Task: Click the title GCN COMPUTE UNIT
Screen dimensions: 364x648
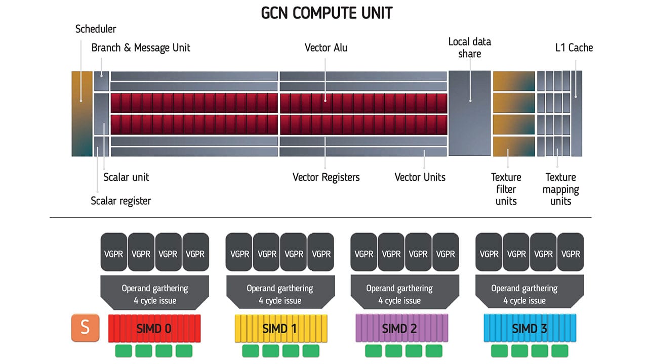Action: click(x=327, y=13)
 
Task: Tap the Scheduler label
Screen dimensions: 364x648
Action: click(x=96, y=29)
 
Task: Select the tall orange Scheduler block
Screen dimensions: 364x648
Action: click(x=82, y=113)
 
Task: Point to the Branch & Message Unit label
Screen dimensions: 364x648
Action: click(x=141, y=48)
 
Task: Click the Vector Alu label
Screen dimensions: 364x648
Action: click(x=326, y=48)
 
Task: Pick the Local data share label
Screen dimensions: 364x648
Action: click(x=469, y=47)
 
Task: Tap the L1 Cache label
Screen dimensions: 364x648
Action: click(x=574, y=48)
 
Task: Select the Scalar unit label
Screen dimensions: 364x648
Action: click(x=126, y=177)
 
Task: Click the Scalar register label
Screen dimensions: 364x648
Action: click(x=120, y=201)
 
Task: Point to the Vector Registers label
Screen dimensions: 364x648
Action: click(x=326, y=177)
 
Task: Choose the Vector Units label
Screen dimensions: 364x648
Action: click(x=420, y=177)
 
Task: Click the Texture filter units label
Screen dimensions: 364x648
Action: click(x=506, y=189)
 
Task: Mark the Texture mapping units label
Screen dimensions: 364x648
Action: click(x=560, y=189)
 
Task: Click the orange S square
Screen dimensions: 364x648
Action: click(x=85, y=327)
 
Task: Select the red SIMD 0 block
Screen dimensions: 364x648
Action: click(x=154, y=329)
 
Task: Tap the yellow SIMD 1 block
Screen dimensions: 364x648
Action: click(x=279, y=329)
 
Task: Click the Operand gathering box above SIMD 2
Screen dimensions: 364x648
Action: click(x=399, y=294)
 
